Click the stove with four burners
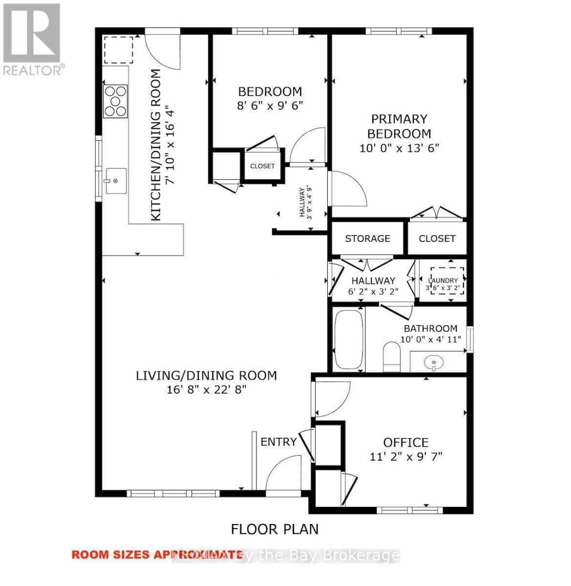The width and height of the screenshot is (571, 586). [x=115, y=101]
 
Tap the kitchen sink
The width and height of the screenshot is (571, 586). [x=116, y=181]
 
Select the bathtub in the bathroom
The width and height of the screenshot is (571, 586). [x=349, y=339]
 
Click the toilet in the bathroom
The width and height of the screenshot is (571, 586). [x=392, y=356]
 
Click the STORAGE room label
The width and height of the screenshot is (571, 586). [x=367, y=238]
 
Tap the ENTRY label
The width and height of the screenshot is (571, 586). [x=278, y=442]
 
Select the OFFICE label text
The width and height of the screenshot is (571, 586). [x=406, y=442]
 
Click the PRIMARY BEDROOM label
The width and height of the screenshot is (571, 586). [x=399, y=126]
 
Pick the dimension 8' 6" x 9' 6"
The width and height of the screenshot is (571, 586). [x=270, y=105]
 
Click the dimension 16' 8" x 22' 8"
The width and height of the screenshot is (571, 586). [x=206, y=390]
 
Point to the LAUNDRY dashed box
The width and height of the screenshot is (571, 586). [x=446, y=281]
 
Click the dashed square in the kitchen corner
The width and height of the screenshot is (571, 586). [x=118, y=50]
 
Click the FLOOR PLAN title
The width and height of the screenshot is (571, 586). [x=275, y=529]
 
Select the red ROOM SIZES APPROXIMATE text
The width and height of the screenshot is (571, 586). [x=157, y=555]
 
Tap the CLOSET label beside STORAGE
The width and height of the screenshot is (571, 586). [x=437, y=238]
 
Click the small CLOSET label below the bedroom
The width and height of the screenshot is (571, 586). [x=262, y=166]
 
